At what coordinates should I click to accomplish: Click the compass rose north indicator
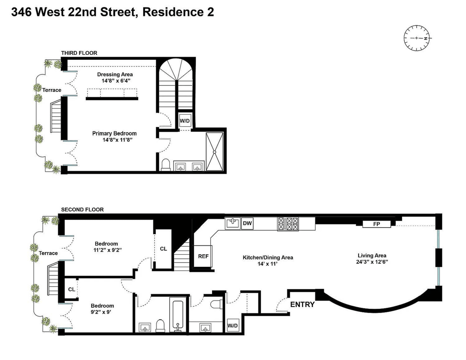click(425, 38)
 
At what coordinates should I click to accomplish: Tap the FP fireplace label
click(377, 224)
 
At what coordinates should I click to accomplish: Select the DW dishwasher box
click(247, 223)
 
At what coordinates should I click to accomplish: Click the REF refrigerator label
click(203, 256)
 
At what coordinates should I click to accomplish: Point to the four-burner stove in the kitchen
click(288, 224)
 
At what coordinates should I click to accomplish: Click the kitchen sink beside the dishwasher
click(233, 223)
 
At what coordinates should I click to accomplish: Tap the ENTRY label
click(303, 304)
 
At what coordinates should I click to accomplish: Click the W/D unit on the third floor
click(184, 121)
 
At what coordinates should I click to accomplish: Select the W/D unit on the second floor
click(233, 325)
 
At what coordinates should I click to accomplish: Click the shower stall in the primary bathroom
click(214, 151)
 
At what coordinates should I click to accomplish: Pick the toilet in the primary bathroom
click(165, 165)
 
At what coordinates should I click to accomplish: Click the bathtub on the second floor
click(177, 315)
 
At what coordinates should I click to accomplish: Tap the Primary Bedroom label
click(114, 133)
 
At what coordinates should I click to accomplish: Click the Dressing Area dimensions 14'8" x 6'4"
click(116, 81)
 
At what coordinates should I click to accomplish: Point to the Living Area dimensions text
click(372, 262)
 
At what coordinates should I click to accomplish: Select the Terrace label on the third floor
click(52, 90)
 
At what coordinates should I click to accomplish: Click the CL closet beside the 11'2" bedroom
click(163, 249)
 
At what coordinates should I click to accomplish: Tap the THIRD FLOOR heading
click(79, 53)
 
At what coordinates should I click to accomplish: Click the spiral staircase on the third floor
click(176, 84)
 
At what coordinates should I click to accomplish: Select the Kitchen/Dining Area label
click(268, 257)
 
